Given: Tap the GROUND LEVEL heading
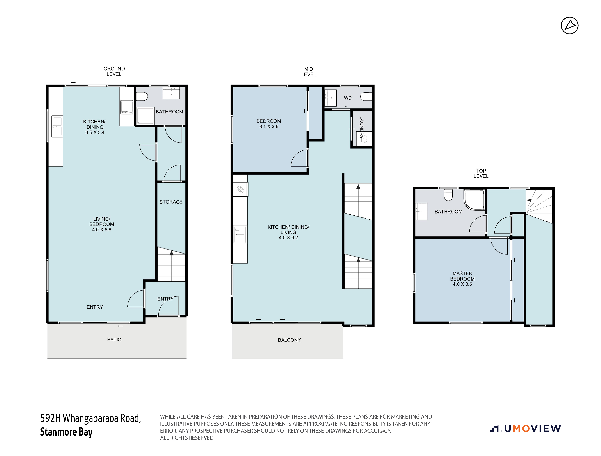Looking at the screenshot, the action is point(114,72).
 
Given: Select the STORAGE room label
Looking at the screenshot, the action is point(171,202).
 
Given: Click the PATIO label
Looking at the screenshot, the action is point(114,339).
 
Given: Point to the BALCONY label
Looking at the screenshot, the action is point(289,340).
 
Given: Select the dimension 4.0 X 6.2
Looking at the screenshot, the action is point(288,238).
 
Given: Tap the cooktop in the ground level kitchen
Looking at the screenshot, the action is point(127,107).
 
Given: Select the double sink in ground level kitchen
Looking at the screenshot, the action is point(57,126).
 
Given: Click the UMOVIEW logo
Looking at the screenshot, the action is point(525,429).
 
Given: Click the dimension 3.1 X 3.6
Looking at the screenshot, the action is point(269,126).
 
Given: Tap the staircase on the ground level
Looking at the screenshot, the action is point(172,264).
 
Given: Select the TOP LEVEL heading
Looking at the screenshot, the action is point(481,173).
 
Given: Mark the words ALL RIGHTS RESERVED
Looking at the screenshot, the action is point(187,438).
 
